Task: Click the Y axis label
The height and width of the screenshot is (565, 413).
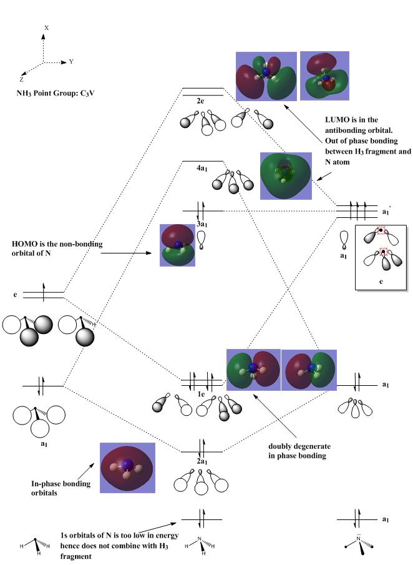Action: point(71,62)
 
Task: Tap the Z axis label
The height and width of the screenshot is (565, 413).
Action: point(21,80)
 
